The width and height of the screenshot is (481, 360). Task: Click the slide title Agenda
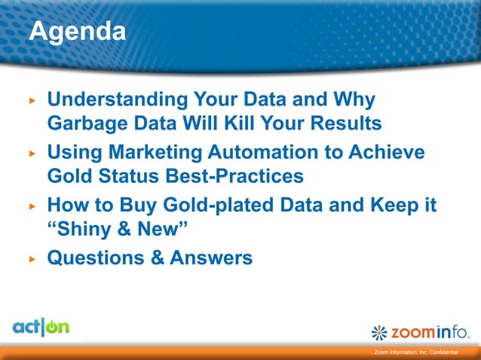coord(77,32)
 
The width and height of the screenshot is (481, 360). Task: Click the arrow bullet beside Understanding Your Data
coord(32,100)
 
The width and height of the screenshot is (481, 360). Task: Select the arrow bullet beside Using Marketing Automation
coord(32,153)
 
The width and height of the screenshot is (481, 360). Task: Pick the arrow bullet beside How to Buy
coord(32,206)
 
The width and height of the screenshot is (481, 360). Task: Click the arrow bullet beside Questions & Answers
coord(32,258)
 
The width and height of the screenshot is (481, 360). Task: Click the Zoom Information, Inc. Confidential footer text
coord(422,353)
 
